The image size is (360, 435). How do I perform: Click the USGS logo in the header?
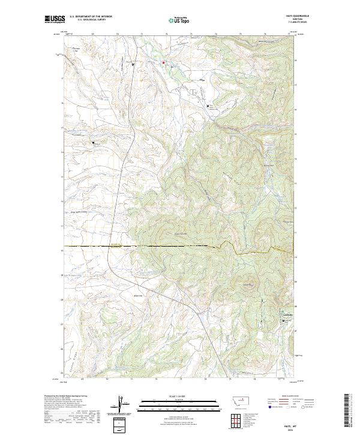tap(55, 20)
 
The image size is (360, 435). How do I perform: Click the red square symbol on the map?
tap(161, 62)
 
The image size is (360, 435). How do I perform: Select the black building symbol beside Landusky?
tap(284, 322)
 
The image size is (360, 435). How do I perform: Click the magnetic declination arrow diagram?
tap(122, 404)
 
